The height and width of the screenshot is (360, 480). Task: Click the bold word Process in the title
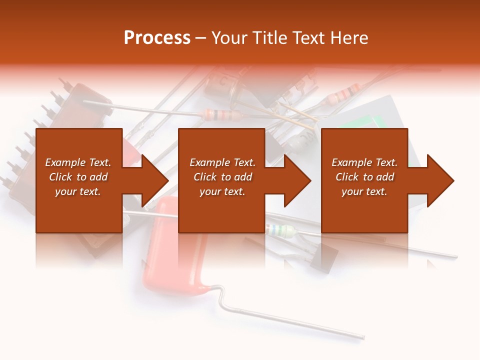[157, 38]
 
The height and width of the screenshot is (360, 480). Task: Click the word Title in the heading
[270, 38]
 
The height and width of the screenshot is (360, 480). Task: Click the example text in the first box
[78, 177]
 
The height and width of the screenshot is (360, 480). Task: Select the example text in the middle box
[222, 177]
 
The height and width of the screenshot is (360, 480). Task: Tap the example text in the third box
[364, 177]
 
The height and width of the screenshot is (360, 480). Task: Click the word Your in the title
[230, 38]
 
